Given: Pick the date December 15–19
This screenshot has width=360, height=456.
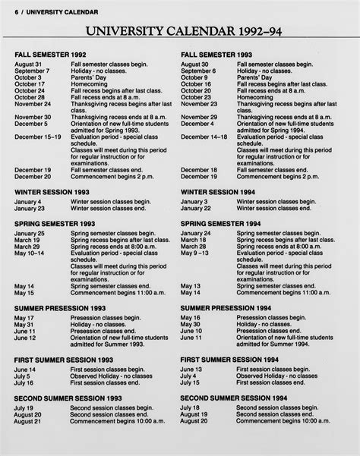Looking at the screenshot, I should coord(37,137).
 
